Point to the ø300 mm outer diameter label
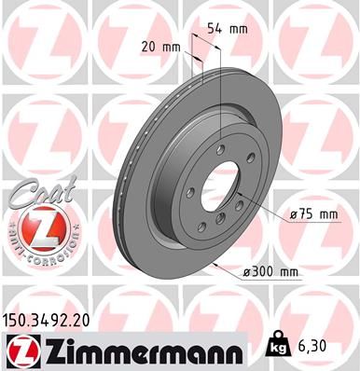pyautogui.click(x=270, y=271)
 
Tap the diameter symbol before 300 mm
pyautogui.click(x=246, y=271)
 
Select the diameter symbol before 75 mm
pyautogui.click(x=293, y=215)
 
